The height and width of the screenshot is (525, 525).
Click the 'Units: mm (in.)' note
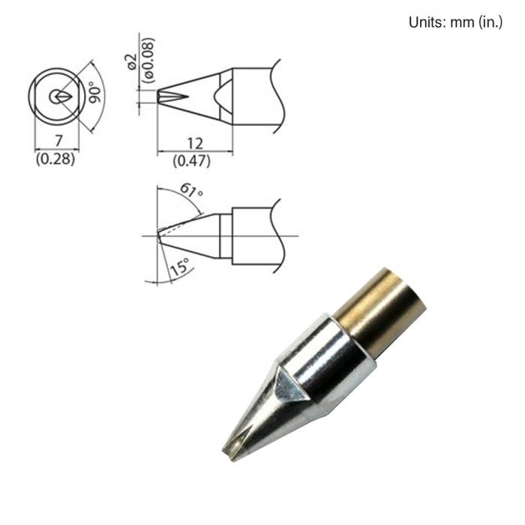(455, 22)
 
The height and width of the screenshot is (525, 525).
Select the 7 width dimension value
(58, 140)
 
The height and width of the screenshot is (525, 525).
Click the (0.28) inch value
(55, 159)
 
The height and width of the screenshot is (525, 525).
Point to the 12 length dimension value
(194, 144)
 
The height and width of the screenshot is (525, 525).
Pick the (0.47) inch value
(192, 161)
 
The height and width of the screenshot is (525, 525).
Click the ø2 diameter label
(132, 61)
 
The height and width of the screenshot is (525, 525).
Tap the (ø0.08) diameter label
(148, 60)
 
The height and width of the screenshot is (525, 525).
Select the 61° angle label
(191, 190)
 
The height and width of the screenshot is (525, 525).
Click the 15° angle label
(180, 267)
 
